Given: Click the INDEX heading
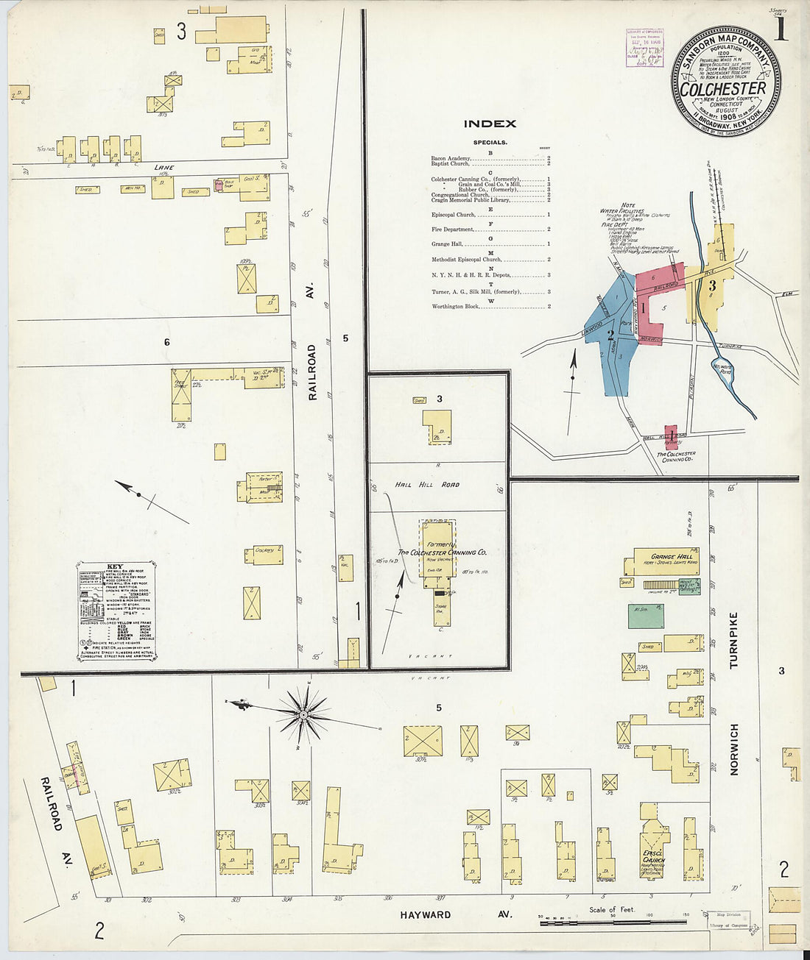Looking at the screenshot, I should pyautogui.click(x=490, y=124).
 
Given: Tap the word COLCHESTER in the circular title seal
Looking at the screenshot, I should pyautogui.click(x=722, y=89).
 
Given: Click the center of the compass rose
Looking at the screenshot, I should pyautogui.click(x=303, y=714).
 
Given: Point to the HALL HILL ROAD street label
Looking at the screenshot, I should pyautogui.click(x=427, y=484).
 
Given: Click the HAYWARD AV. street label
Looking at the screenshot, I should pyautogui.click(x=425, y=914).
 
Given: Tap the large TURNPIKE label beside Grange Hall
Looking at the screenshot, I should pyautogui.click(x=733, y=640).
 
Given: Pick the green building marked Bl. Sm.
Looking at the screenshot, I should pyautogui.click(x=646, y=615).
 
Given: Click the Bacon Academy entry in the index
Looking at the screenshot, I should pyautogui.click(x=451, y=158).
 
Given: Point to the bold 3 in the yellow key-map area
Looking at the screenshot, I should pyautogui.click(x=711, y=286).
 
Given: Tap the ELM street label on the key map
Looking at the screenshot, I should pyautogui.click(x=786, y=294).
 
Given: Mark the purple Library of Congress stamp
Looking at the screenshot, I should pyautogui.click(x=644, y=48).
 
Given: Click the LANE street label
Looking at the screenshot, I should pyautogui.click(x=163, y=167).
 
